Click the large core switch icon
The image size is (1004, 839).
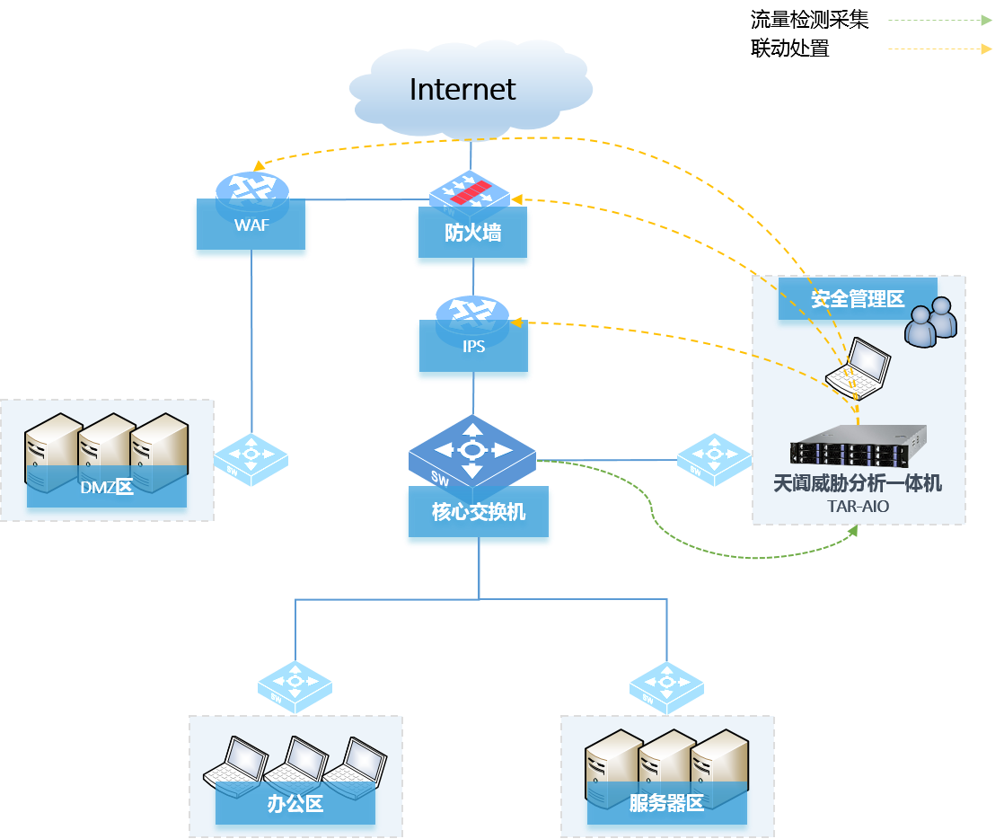[x=472, y=449]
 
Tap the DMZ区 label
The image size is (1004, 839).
[x=107, y=488]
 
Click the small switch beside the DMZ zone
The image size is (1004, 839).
[x=251, y=459]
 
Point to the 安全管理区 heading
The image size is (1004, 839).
[x=857, y=299]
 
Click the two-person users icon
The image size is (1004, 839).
[x=930, y=322]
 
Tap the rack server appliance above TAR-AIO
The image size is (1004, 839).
[x=858, y=446]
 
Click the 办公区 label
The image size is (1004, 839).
[x=295, y=803]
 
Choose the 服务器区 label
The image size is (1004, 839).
[x=666, y=803]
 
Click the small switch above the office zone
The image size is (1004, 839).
[x=295, y=687]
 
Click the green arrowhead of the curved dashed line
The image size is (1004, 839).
[x=852, y=531]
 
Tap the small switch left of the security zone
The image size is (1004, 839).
[x=714, y=459]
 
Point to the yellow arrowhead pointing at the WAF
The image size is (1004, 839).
[x=259, y=165]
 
